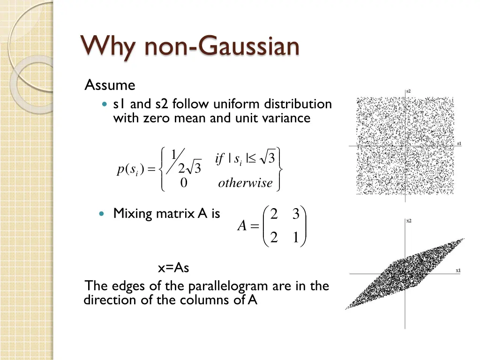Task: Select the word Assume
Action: tap(110, 85)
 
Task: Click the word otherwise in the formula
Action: tap(245, 183)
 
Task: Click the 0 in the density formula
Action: tap(184, 183)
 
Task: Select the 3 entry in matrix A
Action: tap(295, 214)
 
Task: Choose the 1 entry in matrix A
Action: tap(295, 238)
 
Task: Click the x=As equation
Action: tap(173, 268)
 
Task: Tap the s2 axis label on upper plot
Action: tap(409, 91)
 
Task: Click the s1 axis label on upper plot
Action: tap(459, 143)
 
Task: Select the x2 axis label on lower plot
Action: tap(409, 221)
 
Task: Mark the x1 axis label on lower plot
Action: tap(458, 270)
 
